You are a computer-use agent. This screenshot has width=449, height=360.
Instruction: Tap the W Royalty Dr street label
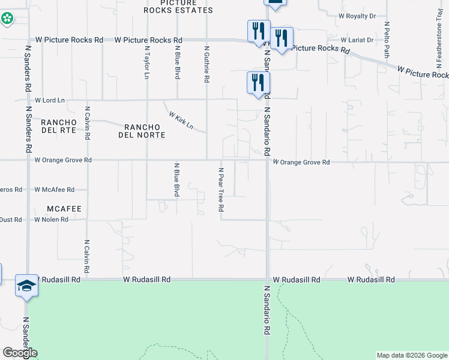357,16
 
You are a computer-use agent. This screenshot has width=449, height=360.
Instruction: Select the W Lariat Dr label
357,40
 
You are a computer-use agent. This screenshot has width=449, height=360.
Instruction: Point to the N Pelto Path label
387,36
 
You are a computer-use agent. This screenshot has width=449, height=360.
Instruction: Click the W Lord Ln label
50,100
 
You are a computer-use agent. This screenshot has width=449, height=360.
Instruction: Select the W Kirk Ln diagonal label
181,120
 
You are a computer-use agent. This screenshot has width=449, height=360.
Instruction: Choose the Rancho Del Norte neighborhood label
144,131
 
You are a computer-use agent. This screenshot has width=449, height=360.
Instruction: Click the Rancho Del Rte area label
58,126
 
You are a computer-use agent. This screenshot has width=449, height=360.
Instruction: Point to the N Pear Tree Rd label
220,190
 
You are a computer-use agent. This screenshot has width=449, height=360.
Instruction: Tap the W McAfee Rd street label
54,190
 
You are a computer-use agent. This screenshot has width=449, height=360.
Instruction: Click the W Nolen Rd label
51,220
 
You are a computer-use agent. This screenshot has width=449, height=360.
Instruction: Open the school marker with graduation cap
26,286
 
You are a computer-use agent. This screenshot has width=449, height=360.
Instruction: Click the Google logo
20,353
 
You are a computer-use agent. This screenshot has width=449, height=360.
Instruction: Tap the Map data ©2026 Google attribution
411,355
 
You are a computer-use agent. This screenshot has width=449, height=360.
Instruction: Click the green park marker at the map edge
7,19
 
